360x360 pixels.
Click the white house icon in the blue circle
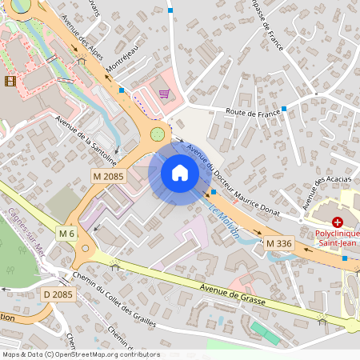[x=179, y=173]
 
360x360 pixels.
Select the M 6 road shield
[x=66, y=233]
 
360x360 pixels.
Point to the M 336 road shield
[x=279, y=242]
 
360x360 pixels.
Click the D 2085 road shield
[x=57, y=295]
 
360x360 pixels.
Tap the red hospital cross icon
[x=338, y=221]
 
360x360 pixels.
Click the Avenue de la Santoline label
[x=86, y=138]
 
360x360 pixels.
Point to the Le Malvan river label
[x=224, y=218]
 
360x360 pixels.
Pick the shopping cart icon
[x=164, y=94]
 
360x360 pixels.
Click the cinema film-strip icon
[x=10, y=81]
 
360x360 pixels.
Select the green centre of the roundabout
[x=158, y=134]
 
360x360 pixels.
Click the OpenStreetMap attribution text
[x=80, y=354]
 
